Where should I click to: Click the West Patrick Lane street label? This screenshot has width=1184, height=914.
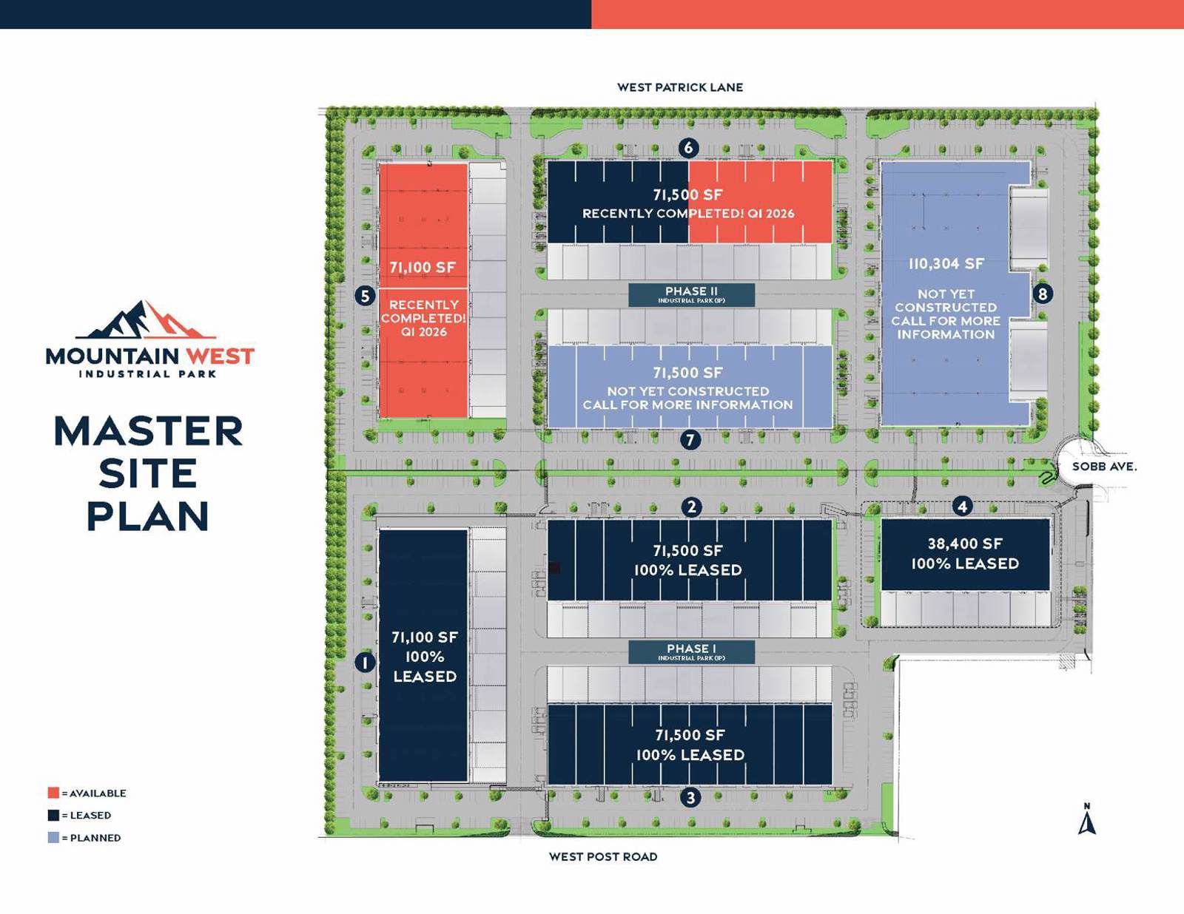pyautogui.click(x=680, y=87)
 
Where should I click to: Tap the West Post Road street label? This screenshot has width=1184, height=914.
pyautogui.click(x=603, y=856)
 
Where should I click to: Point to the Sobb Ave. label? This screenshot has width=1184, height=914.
pyautogui.click(x=1104, y=467)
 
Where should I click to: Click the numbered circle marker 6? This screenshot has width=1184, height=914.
pyautogui.click(x=689, y=148)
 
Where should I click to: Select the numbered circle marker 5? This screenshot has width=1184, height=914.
pyautogui.click(x=365, y=297)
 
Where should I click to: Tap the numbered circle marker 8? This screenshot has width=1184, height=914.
pyautogui.click(x=1043, y=294)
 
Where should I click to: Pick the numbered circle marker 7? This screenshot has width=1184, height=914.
pyautogui.click(x=690, y=441)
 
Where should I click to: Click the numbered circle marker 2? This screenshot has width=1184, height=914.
pyautogui.click(x=691, y=507)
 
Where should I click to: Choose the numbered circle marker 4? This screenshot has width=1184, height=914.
pyautogui.click(x=962, y=507)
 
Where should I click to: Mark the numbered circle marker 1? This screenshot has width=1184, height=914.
pyautogui.click(x=365, y=663)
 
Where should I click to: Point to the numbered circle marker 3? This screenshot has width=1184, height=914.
pyautogui.click(x=690, y=798)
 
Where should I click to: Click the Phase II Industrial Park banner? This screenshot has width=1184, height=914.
pyautogui.click(x=691, y=294)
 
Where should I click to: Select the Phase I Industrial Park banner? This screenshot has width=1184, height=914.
pyautogui.click(x=691, y=651)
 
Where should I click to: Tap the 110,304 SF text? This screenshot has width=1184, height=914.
pyautogui.click(x=946, y=264)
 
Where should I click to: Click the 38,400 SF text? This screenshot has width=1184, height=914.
pyautogui.click(x=965, y=544)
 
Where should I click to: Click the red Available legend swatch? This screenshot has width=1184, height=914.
pyautogui.click(x=53, y=793)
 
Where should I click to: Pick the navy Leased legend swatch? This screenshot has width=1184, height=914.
pyautogui.click(x=53, y=815)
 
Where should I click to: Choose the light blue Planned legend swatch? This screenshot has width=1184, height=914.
pyautogui.click(x=53, y=838)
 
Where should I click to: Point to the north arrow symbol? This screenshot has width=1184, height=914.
pyautogui.click(x=1087, y=821)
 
